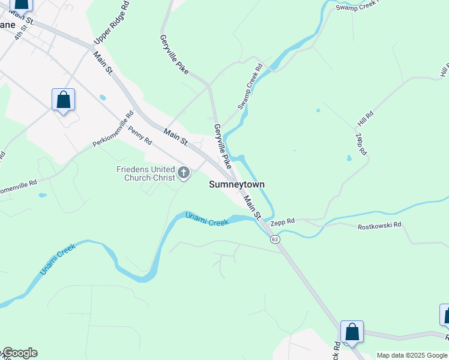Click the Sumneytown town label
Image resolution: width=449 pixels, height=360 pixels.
tap(237, 185)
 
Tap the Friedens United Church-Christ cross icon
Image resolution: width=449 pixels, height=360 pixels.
tap(184, 174)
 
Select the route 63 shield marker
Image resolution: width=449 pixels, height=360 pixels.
tap(275, 239)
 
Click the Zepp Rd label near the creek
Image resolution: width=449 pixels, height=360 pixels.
tap(282, 221)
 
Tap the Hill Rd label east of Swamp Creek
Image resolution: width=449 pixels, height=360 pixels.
tap(366, 118)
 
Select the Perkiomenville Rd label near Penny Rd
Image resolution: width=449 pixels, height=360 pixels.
tap(113, 129)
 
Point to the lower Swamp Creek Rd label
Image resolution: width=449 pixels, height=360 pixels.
tap(250, 86)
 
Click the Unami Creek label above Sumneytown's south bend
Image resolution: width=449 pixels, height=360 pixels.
tap(207, 220)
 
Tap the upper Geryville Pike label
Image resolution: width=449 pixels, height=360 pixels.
tap(174, 55)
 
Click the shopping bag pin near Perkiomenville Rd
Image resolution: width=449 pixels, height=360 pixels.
tap(63, 100)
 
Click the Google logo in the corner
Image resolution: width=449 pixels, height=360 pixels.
tap(19, 353)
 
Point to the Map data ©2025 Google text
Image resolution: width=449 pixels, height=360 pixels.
tap(412, 355)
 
